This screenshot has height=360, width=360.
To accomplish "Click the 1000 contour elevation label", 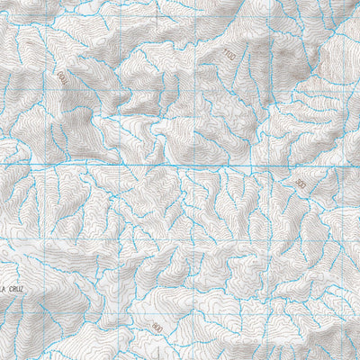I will coord(61,81).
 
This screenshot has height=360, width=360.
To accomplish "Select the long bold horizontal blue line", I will coord(180,166).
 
